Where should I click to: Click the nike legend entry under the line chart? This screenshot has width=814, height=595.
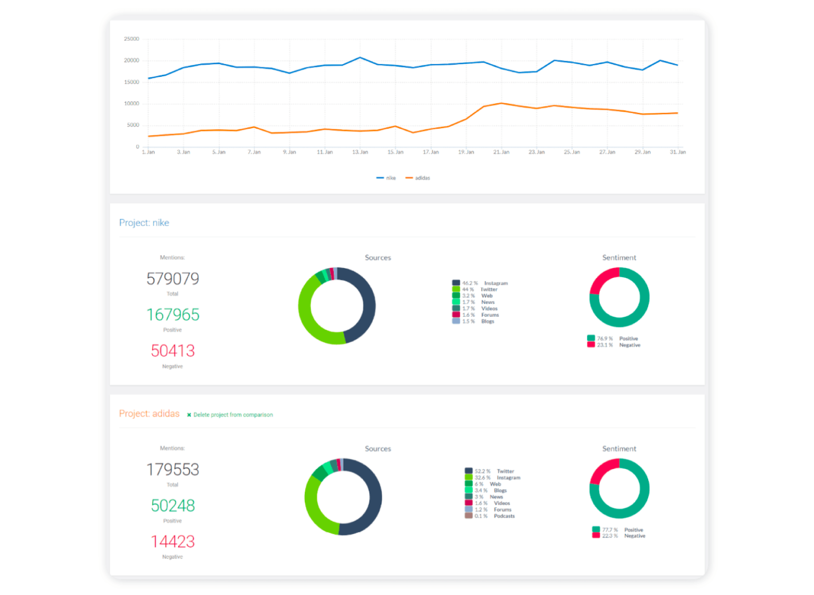point(386,178)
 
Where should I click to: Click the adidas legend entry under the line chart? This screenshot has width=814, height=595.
point(418,178)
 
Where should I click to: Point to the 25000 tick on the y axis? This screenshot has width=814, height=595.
point(131,39)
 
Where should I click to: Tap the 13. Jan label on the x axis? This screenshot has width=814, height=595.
point(360,152)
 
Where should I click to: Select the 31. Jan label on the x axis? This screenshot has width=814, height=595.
point(677,152)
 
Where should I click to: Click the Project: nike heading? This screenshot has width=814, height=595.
point(144,223)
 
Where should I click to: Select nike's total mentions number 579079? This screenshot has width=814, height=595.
point(173,279)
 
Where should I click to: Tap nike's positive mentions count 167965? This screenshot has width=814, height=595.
point(173,315)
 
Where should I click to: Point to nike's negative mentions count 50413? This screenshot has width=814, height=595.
point(173,351)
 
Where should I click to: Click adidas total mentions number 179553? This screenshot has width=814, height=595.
point(173,469)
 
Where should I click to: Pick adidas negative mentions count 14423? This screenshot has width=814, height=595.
point(173,541)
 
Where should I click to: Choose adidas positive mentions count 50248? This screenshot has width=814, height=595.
point(173,505)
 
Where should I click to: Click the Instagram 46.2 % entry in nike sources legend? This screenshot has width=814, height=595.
point(480,283)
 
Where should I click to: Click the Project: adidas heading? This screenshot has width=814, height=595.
point(149,414)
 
